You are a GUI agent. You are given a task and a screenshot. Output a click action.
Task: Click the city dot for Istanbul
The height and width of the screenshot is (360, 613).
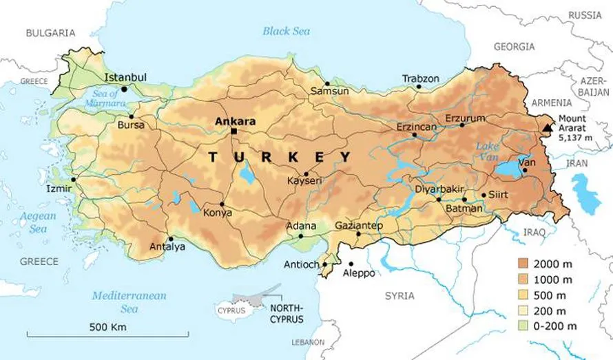coord(124,89)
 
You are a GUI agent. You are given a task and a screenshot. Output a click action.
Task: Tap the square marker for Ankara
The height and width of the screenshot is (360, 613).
coord(235,131)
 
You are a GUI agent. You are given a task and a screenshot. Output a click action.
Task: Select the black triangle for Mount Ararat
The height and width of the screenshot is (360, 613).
coord(548,127)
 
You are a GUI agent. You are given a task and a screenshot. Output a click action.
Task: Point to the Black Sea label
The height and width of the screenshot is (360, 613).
coord(287,30)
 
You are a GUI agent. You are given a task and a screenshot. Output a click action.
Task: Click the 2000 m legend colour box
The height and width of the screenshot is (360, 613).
coord(524,263)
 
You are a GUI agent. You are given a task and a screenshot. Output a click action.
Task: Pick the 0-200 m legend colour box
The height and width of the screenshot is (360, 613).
coord(524,325)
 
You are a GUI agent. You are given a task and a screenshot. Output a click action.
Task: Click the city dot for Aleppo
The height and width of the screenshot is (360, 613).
coord(351,264)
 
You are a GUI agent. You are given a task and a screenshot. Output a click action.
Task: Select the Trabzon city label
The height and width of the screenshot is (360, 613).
coord(421,78)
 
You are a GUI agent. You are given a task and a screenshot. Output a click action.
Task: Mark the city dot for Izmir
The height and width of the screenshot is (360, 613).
coord(74,179)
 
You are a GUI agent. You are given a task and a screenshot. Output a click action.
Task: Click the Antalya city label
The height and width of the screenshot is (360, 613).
coord(168,247)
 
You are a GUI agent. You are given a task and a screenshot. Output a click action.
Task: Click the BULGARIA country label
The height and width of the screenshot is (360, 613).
coord(49,32)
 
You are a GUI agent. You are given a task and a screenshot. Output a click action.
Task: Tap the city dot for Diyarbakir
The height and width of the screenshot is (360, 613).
coord(439,200)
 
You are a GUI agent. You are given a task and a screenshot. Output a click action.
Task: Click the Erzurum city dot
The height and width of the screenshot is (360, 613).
coord(461,125)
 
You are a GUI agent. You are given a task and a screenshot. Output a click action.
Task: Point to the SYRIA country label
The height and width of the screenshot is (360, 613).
coord(399,295)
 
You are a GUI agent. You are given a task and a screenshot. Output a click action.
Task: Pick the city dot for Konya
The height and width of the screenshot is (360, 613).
coord(222,204)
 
